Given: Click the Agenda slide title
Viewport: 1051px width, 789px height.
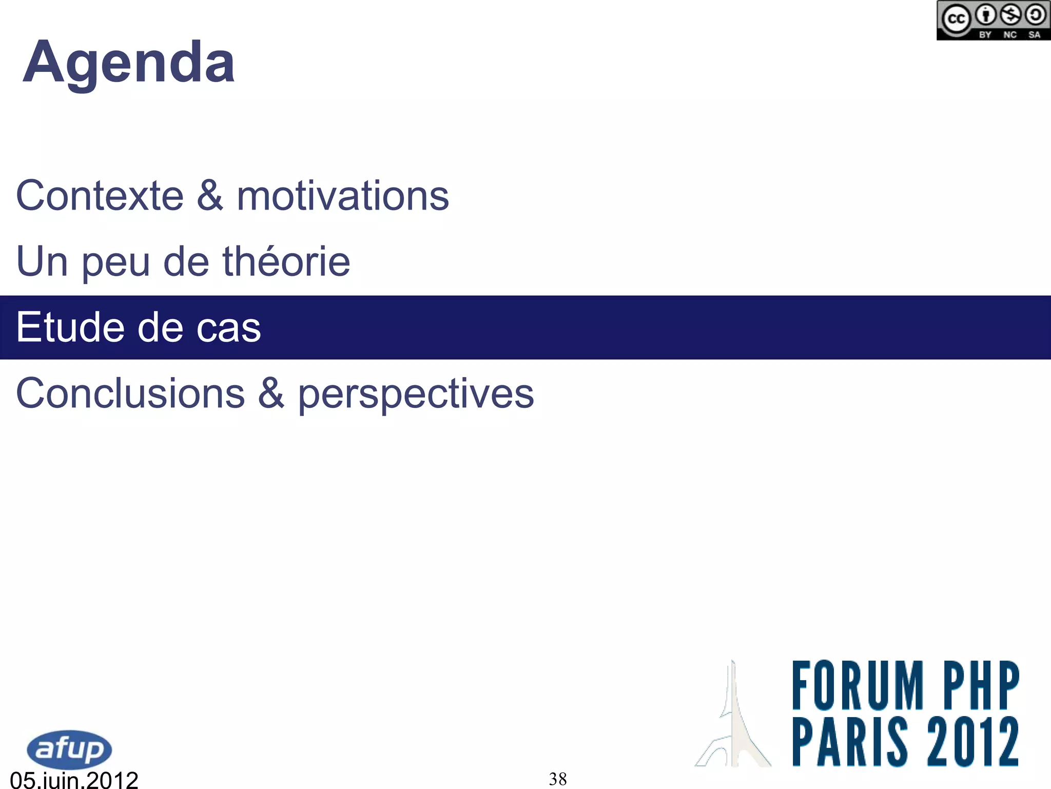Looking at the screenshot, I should click(x=129, y=63).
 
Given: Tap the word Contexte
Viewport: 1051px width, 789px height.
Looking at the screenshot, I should click(x=100, y=196).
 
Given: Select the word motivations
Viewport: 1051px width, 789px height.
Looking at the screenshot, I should click(x=343, y=196).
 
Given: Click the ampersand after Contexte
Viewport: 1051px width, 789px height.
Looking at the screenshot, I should click(x=210, y=196).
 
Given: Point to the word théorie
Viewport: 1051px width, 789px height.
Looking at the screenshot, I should click(x=286, y=261).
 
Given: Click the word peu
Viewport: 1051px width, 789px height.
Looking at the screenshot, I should click(x=115, y=263).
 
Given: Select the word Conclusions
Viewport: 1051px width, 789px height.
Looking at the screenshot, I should click(x=130, y=393).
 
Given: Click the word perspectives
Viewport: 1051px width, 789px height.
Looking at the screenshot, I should click(x=416, y=395).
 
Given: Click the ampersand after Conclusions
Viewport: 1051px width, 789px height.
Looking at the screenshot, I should click(x=271, y=393).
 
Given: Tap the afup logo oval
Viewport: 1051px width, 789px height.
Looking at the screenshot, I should click(x=69, y=749).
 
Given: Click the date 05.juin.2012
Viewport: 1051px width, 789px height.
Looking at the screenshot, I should click(x=74, y=780).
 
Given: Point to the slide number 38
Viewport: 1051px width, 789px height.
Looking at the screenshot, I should click(x=558, y=779).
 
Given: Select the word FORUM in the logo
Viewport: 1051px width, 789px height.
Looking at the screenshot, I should click(x=858, y=686).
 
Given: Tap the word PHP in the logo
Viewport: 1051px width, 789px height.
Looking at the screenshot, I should click(x=981, y=686).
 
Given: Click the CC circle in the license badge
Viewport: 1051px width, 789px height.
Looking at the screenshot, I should click(x=956, y=20).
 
